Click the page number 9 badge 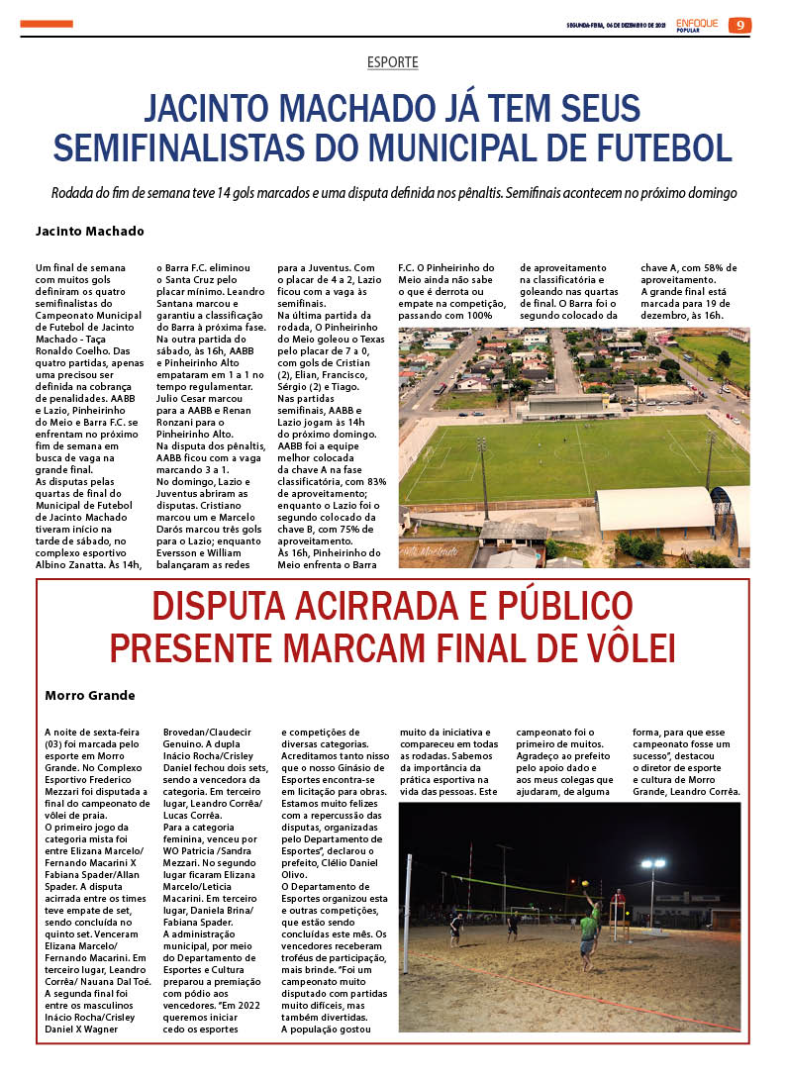coord(739,25)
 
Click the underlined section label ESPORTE coord(393,62)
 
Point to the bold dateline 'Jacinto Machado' coord(90,232)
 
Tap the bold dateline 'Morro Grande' coord(90,695)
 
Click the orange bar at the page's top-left coord(47,24)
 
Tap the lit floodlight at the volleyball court coord(652,864)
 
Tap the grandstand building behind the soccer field coord(570,404)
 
